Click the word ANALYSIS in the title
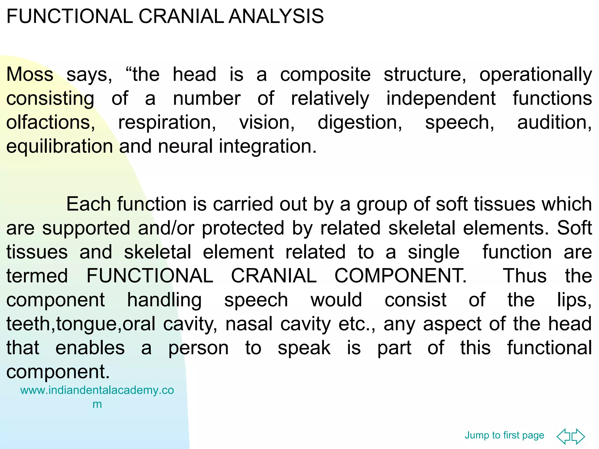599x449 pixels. [276, 16]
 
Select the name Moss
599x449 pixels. [30, 75]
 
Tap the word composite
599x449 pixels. [325, 75]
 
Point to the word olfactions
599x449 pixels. [50, 122]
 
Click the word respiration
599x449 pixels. [167, 122]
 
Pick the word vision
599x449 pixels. [267, 122]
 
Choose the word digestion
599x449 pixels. [360, 122]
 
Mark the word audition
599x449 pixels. [554, 122]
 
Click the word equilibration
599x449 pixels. [60, 146]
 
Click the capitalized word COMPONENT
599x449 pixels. [400, 276]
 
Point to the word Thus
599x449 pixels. [524, 276]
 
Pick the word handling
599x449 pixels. [164, 300]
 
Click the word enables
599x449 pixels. [90, 348]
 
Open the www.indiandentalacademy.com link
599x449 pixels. [97, 391]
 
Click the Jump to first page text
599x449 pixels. [504, 435]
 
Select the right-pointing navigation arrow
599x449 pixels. [579, 436]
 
